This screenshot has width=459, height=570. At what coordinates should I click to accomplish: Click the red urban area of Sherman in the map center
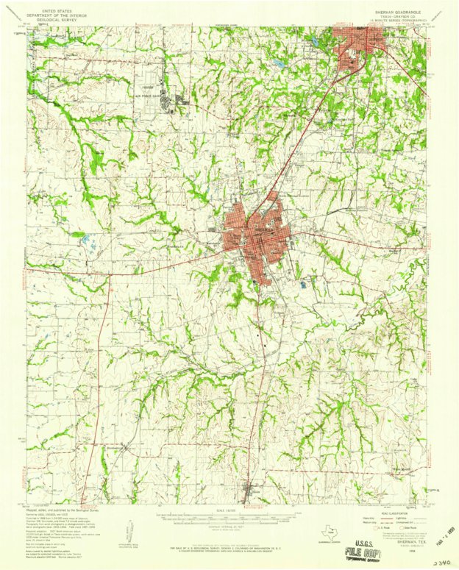[x=257, y=235]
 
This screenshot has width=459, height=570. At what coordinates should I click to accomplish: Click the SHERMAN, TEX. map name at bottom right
[x=395, y=537]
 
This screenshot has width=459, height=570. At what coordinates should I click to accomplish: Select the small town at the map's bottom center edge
[x=250, y=491]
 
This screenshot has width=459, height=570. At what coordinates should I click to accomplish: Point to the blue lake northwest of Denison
[x=280, y=64]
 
